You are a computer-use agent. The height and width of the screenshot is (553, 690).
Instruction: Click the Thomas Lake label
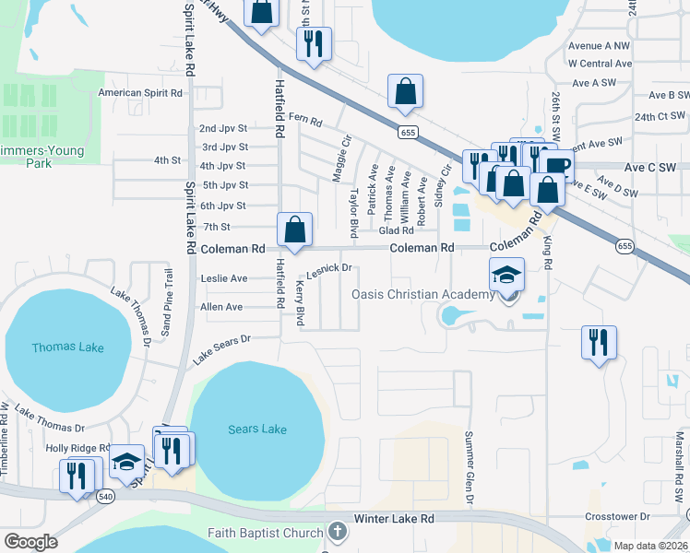point(67,347)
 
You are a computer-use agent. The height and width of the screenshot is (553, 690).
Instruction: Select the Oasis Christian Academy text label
point(423,294)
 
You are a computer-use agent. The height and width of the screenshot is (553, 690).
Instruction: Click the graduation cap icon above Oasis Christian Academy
point(506,276)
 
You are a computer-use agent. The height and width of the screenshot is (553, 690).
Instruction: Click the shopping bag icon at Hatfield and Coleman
point(294,229)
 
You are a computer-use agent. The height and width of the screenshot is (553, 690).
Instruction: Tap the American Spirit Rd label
point(140,92)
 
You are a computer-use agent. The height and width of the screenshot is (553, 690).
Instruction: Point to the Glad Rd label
point(396,230)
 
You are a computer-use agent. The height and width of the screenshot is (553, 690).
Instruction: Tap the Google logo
point(30,542)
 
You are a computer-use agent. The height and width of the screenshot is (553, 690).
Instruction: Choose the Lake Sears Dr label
point(221,350)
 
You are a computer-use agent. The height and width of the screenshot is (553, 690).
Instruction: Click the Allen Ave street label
point(221,306)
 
